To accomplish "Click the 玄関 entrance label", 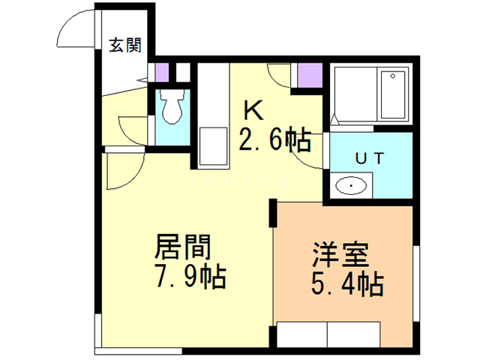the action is pos(125,45).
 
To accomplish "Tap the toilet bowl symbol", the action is pos(172,106).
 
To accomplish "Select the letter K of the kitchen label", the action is pos(253,110).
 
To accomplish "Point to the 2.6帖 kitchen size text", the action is pos(275,139).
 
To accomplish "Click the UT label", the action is pos(370,158).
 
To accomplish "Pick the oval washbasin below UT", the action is pos(351,185).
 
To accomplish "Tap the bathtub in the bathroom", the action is pos(393,94).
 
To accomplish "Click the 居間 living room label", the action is pos(183,247).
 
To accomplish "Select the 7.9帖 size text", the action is pos(191,277).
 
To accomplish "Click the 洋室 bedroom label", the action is pos(340,254).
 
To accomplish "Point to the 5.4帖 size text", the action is pos(347,283).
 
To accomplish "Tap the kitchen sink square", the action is pos(213,146).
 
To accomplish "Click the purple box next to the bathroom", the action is pos(310,75).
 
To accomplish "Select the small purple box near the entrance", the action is pos(162,73).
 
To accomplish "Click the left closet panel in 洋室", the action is pos(302,334).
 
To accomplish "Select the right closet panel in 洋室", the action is pos(354,334).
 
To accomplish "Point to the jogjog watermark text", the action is pos(239,180).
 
